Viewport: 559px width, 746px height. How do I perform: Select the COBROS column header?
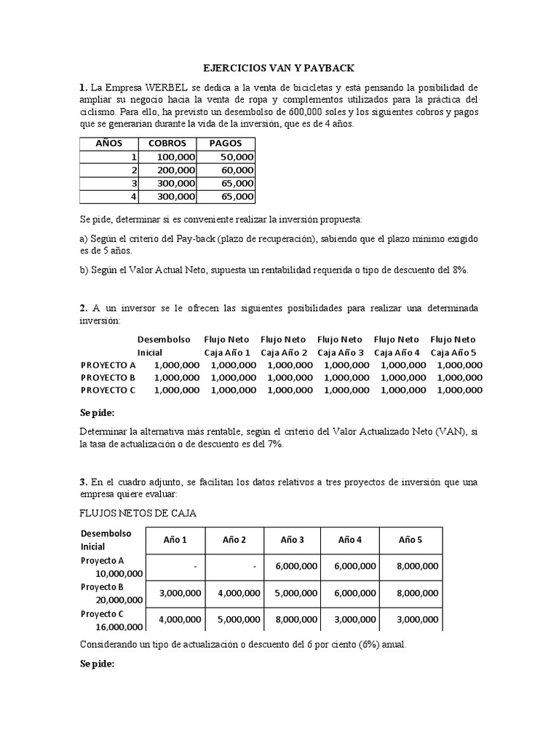click(x=167, y=143)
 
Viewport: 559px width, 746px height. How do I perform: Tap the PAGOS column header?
click(x=225, y=143)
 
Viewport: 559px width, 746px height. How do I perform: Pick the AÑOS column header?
click(x=109, y=143)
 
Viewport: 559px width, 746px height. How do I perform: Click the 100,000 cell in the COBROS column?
click(x=175, y=157)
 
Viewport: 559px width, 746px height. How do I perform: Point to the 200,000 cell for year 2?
click(x=175, y=170)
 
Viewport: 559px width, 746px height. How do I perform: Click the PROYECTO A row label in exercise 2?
click(x=108, y=364)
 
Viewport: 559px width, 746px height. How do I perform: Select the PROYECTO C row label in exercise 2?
click(x=108, y=390)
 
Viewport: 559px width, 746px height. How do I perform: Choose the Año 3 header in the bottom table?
click(x=292, y=539)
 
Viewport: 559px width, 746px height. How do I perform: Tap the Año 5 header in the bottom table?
click(x=410, y=539)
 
